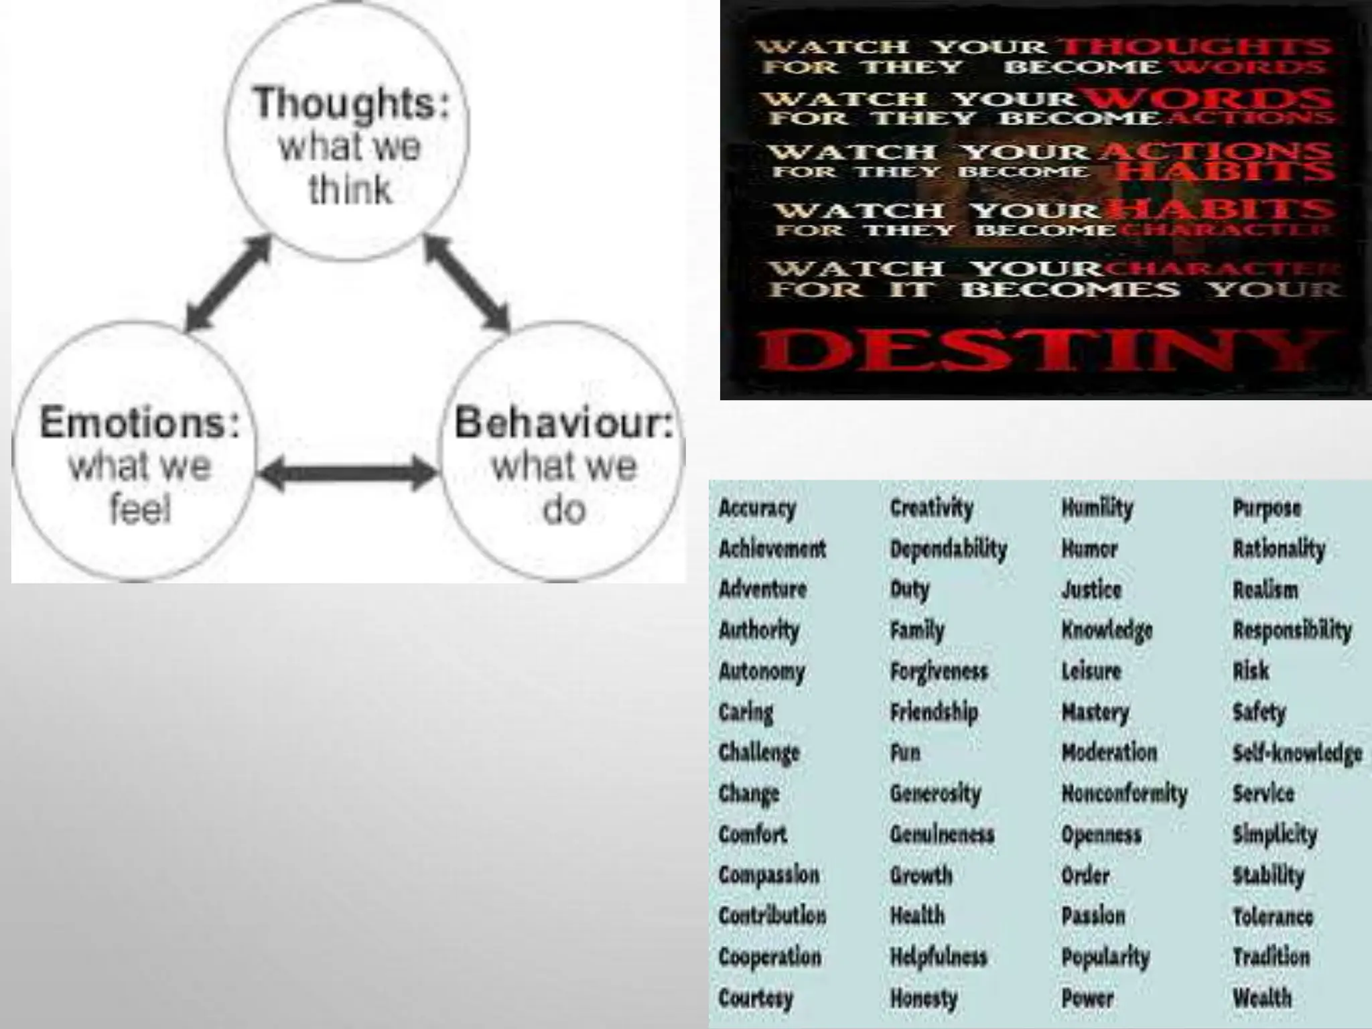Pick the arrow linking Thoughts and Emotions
[228, 283]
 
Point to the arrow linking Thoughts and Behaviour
[467, 283]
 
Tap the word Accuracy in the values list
[757, 508]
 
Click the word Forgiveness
[939, 671]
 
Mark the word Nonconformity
[1124, 794]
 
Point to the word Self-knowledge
[1297, 753]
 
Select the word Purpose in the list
[1266, 508]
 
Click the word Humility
[1097, 508]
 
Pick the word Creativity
[931, 508]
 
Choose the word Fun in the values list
[905, 753]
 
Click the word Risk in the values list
[1251, 671]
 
